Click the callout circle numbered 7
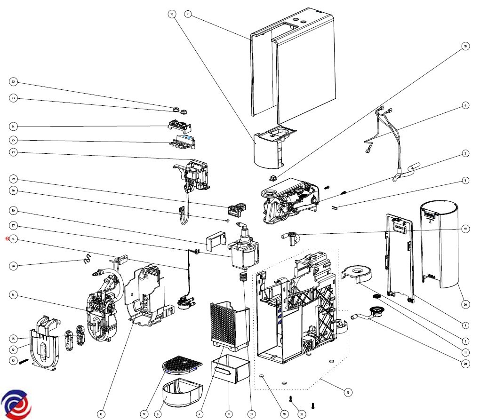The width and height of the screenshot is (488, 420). click(188, 14)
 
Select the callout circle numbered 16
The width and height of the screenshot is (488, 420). click(171, 14)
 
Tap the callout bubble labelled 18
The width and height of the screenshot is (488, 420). click(465, 46)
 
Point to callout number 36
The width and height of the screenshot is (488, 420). click(465, 304)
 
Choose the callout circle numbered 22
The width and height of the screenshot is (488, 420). click(13, 82)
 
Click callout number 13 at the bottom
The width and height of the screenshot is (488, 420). click(101, 414)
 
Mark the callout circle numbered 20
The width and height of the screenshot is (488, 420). click(466, 364)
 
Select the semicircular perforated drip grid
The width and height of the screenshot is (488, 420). click(182, 364)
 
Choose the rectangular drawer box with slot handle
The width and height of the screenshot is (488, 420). click(230, 369)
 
